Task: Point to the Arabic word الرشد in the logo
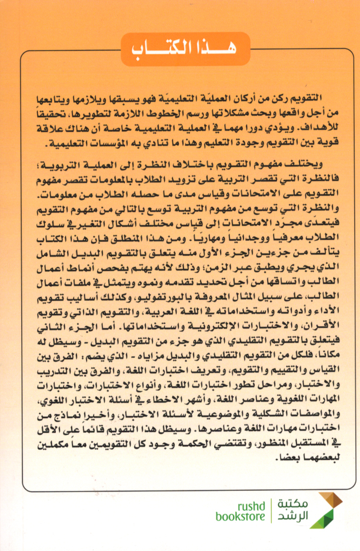[291, 517]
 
